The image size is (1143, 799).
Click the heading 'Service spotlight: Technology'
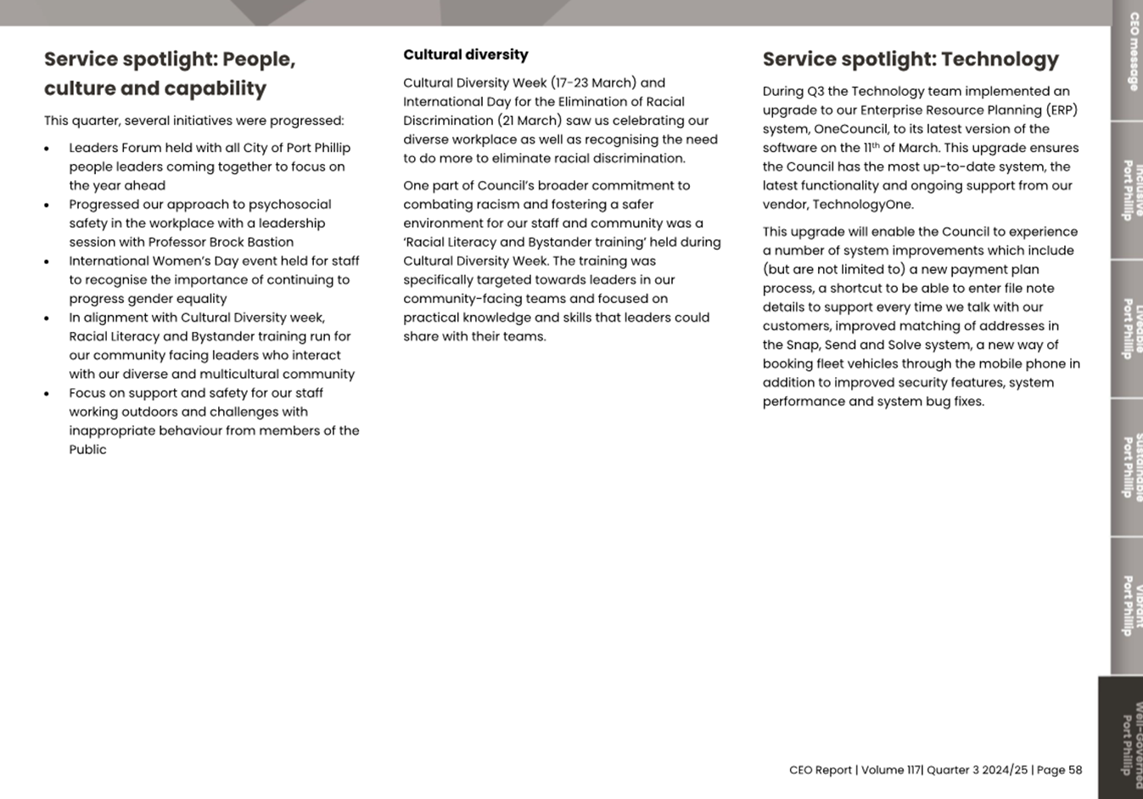910,59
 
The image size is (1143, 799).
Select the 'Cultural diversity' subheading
465,55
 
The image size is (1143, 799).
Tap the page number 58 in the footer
1075,770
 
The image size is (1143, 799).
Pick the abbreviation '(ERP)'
1062,110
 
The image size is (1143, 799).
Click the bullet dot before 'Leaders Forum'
47,149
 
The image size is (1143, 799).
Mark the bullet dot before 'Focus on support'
47,394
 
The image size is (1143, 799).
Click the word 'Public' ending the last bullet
87,450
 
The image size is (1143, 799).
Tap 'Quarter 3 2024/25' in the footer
977,770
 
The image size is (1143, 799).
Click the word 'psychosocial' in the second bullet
289,205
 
